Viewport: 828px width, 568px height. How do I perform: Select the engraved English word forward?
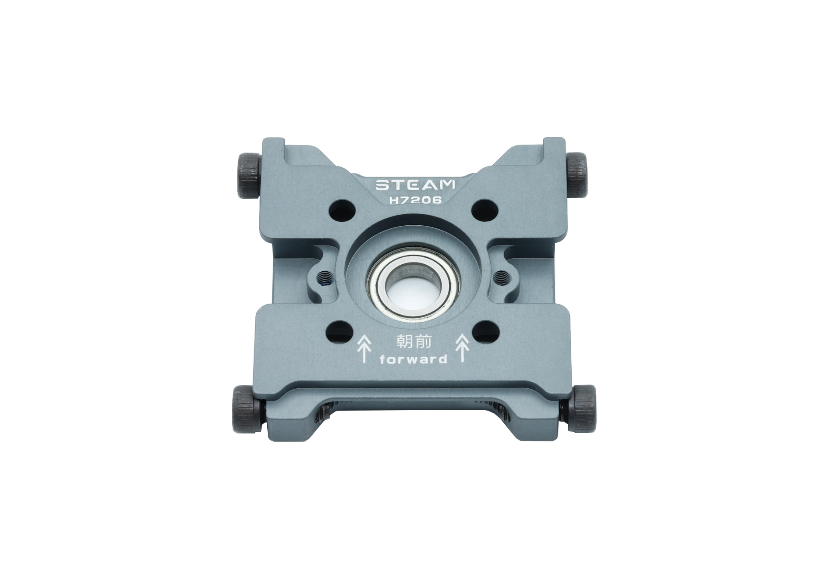pos(414,360)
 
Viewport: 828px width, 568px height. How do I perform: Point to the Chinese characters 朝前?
pos(414,342)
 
